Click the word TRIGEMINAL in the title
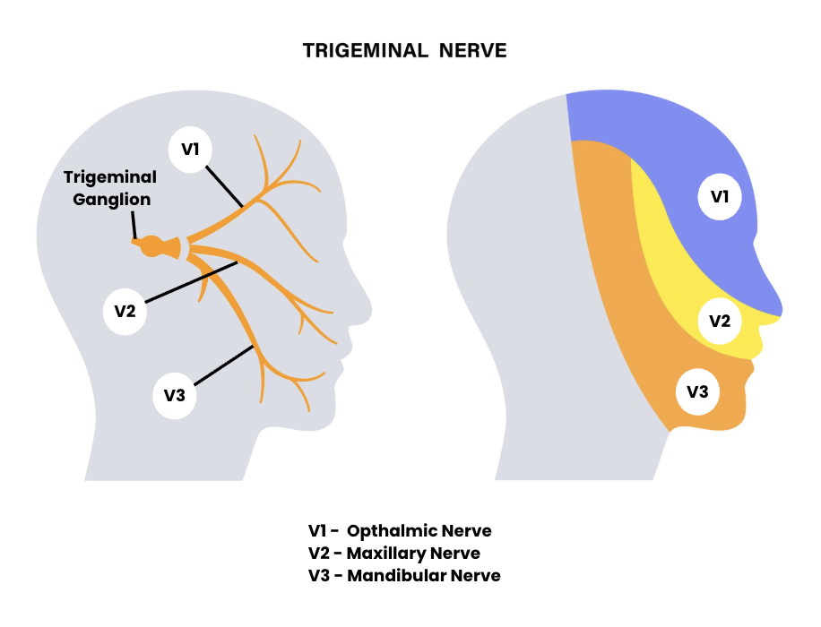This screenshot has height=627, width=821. [366, 51]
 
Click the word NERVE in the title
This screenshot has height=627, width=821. [472, 51]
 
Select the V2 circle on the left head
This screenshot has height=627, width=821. [125, 312]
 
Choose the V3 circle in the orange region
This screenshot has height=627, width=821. [697, 391]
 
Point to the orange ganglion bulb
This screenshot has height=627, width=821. [153, 245]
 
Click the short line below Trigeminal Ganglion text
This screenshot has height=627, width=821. [135, 225]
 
